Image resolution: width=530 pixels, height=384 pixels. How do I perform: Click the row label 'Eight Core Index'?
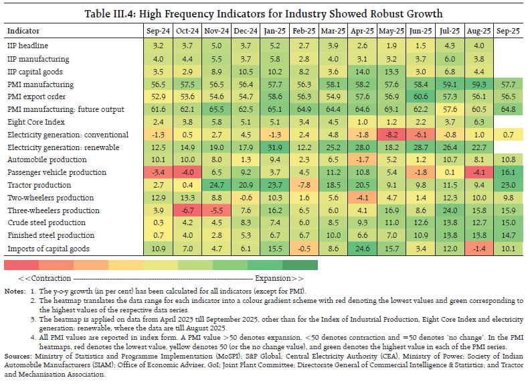(36, 122)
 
